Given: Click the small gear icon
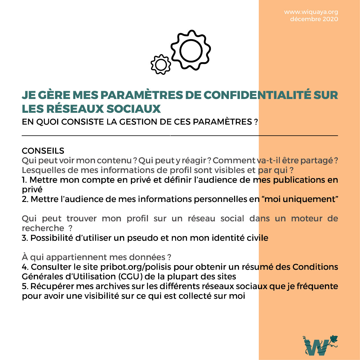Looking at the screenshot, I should click(161, 65).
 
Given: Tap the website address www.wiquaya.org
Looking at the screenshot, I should click(311, 12).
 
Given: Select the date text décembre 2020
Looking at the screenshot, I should click(314, 19).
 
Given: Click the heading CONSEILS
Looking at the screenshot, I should click(43, 151).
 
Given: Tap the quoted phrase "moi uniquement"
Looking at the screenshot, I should click(300, 199).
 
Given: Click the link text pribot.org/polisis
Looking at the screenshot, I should click(136, 267).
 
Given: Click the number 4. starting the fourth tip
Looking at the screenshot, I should click(25, 267).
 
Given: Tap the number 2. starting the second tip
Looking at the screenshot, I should click(25, 199).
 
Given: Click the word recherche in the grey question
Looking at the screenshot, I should click(43, 228).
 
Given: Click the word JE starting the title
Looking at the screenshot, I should click(28, 95).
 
